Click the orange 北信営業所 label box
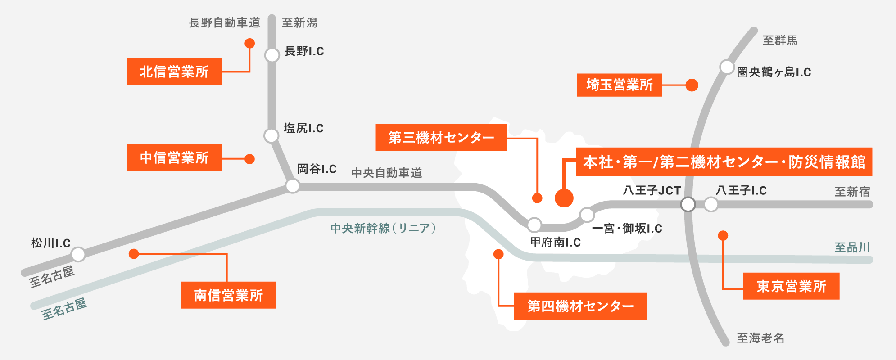click(x=174, y=72)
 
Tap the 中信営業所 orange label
click(x=174, y=157)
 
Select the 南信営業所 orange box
click(x=228, y=295)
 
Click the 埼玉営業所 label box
click(x=619, y=85)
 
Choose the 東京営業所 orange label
click(x=791, y=286)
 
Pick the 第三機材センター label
click(x=441, y=137)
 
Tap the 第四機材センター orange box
click(x=580, y=306)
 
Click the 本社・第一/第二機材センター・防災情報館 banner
click(x=724, y=162)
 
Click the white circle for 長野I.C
click(x=272, y=55)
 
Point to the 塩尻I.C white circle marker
click(x=272, y=135)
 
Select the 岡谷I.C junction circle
click(x=293, y=186)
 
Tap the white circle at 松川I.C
click(x=78, y=254)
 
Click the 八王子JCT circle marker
click(x=688, y=204)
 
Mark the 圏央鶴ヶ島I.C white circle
click(x=727, y=67)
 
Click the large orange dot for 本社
click(x=564, y=198)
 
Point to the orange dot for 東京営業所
click(x=723, y=235)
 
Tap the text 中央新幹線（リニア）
click(x=383, y=228)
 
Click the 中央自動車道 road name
click(x=386, y=173)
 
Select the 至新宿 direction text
click(x=852, y=192)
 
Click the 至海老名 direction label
click(x=760, y=338)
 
